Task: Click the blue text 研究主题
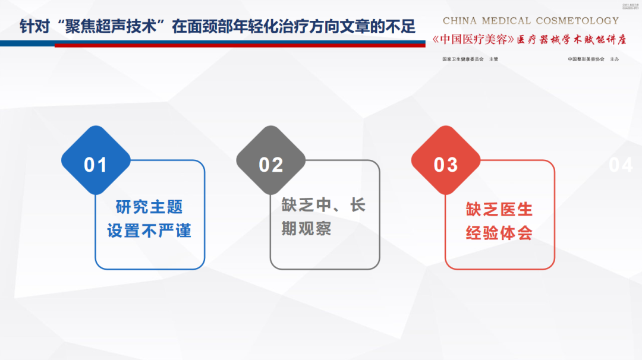149,207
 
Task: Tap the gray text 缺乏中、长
323,206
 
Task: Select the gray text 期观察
306,229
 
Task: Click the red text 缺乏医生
499,209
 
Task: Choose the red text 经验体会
499,232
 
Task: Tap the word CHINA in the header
460,21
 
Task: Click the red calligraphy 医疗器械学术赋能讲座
571,40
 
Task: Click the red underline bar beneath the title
238,45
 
